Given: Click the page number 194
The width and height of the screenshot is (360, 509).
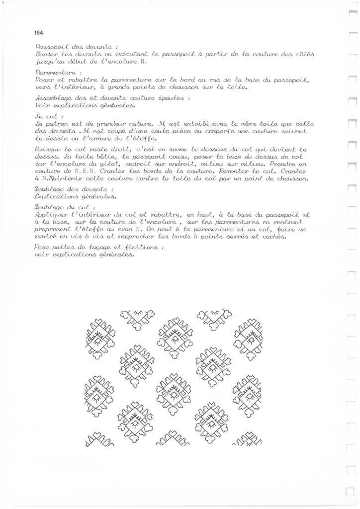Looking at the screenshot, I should point(39,33).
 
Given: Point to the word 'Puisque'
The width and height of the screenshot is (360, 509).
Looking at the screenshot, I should point(48,149).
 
